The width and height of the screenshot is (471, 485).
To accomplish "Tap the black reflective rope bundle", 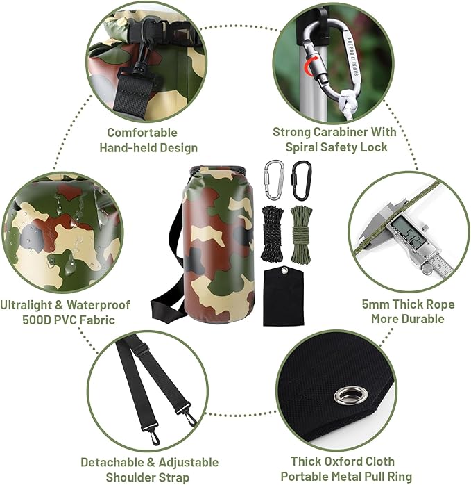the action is click(x=272, y=234).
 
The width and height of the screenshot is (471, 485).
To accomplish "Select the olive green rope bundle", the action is click(x=302, y=234).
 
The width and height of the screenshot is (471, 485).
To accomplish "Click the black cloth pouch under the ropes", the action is click(x=284, y=297).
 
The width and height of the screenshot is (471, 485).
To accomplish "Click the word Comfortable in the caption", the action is click(x=142, y=133).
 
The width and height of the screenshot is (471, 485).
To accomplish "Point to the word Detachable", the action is click(x=112, y=463).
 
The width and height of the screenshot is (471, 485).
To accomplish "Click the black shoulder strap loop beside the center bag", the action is click(x=164, y=305).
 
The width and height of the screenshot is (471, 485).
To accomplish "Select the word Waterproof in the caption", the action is click(x=99, y=305).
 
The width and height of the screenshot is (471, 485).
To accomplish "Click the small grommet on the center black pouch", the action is click(x=283, y=271).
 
